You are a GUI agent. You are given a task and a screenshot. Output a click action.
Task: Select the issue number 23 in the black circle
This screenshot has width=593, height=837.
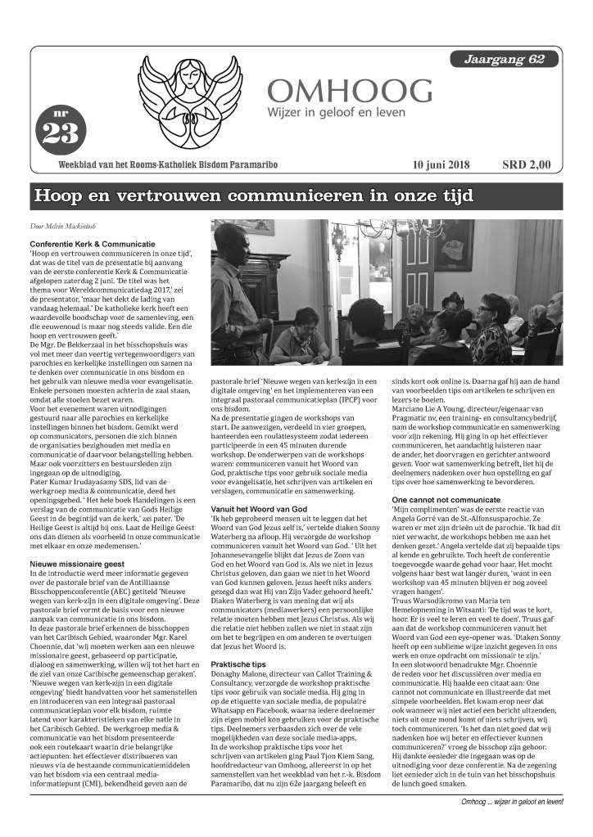(x=58, y=132)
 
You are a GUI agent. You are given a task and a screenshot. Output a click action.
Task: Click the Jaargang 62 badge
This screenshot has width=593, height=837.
(x=505, y=60)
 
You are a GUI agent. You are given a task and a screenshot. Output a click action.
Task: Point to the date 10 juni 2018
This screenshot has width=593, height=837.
(x=441, y=165)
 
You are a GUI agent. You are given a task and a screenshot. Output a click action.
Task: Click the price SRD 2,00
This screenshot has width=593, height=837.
(x=526, y=165)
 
